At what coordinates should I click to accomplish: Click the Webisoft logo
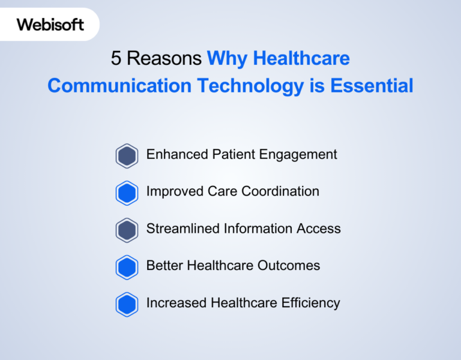[50, 25]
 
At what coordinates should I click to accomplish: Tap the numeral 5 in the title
[116, 58]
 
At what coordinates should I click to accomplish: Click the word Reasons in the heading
[164, 58]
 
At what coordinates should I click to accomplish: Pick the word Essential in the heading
[372, 86]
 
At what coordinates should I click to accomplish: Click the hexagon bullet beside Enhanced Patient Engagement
[127, 156]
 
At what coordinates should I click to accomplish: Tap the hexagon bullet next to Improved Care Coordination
[127, 193]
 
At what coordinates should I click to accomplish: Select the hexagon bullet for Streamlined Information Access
[127, 230]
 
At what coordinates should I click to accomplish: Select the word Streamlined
[183, 229]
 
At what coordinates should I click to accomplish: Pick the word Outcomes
[289, 266]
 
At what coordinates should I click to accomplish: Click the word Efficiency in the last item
[310, 303]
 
